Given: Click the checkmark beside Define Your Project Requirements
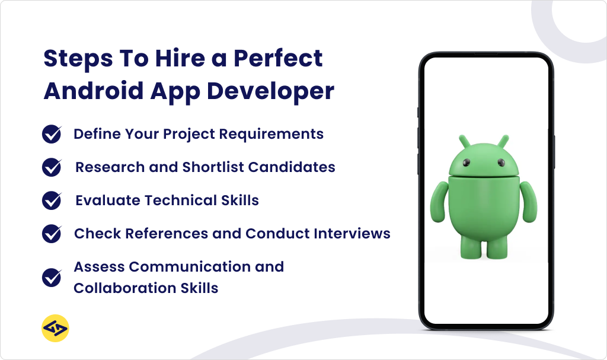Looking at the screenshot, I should tap(52, 134).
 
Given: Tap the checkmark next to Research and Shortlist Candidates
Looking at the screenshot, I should tap(52, 167).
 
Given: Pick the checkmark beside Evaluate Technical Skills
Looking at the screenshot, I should tap(52, 200).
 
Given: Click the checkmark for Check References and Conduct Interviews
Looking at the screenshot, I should tap(52, 233).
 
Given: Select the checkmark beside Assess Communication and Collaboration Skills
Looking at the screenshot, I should tap(52, 278).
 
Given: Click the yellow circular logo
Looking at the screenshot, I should tap(56, 329).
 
